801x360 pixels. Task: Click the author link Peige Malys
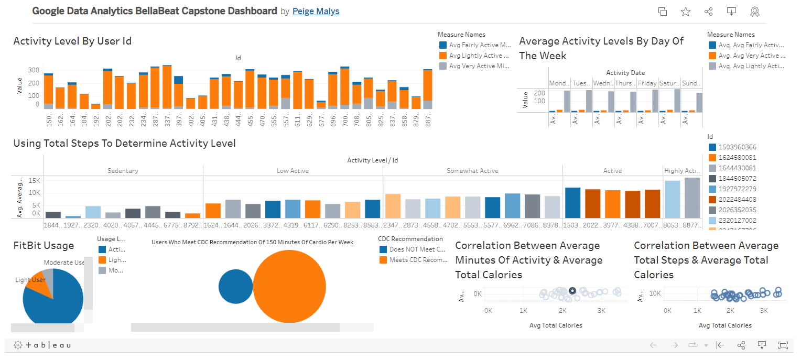pyautogui.click(x=316, y=11)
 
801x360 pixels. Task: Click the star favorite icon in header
pyautogui.click(x=686, y=12)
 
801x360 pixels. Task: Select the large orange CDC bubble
pyautogui.click(x=289, y=286)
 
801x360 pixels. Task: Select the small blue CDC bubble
pyautogui.click(x=236, y=286)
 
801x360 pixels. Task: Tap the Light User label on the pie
pyautogui.click(x=30, y=280)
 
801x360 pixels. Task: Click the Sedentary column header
pyautogui.click(x=123, y=171)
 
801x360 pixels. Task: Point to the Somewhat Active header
pyautogui.click(x=472, y=171)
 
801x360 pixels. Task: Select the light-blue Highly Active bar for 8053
pyautogui.click(x=672, y=199)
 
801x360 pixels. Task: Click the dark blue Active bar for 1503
pyautogui.click(x=572, y=202)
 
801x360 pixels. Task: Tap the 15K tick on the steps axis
pyautogui.click(x=34, y=180)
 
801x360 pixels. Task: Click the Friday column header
pyautogui.click(x=647, y=83)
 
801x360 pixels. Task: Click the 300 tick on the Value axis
pyautogui.click(x=34, y=70)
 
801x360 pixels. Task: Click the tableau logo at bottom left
pyautogui.click(x=42, y=345)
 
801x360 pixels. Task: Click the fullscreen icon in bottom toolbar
pyautogui.click(x=783, y=345)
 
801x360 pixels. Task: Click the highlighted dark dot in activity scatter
pyautogui.click(x=572, y=291)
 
